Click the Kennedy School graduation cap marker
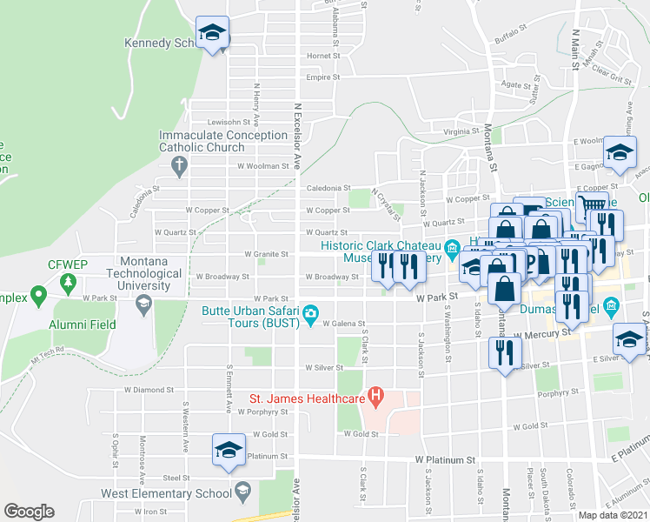[x=212, y=33]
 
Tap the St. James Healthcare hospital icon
[x=375, y=399]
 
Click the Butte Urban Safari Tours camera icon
[x=310, y=313]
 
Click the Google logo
[x=29, y=512]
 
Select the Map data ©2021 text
[x=613, y=515]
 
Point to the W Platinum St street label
[x=445, y=458]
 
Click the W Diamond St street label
[x=143, y=390]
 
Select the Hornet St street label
[x=322, y=56]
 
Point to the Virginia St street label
[x=461, y=130]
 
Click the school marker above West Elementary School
[x=229, y=451]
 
